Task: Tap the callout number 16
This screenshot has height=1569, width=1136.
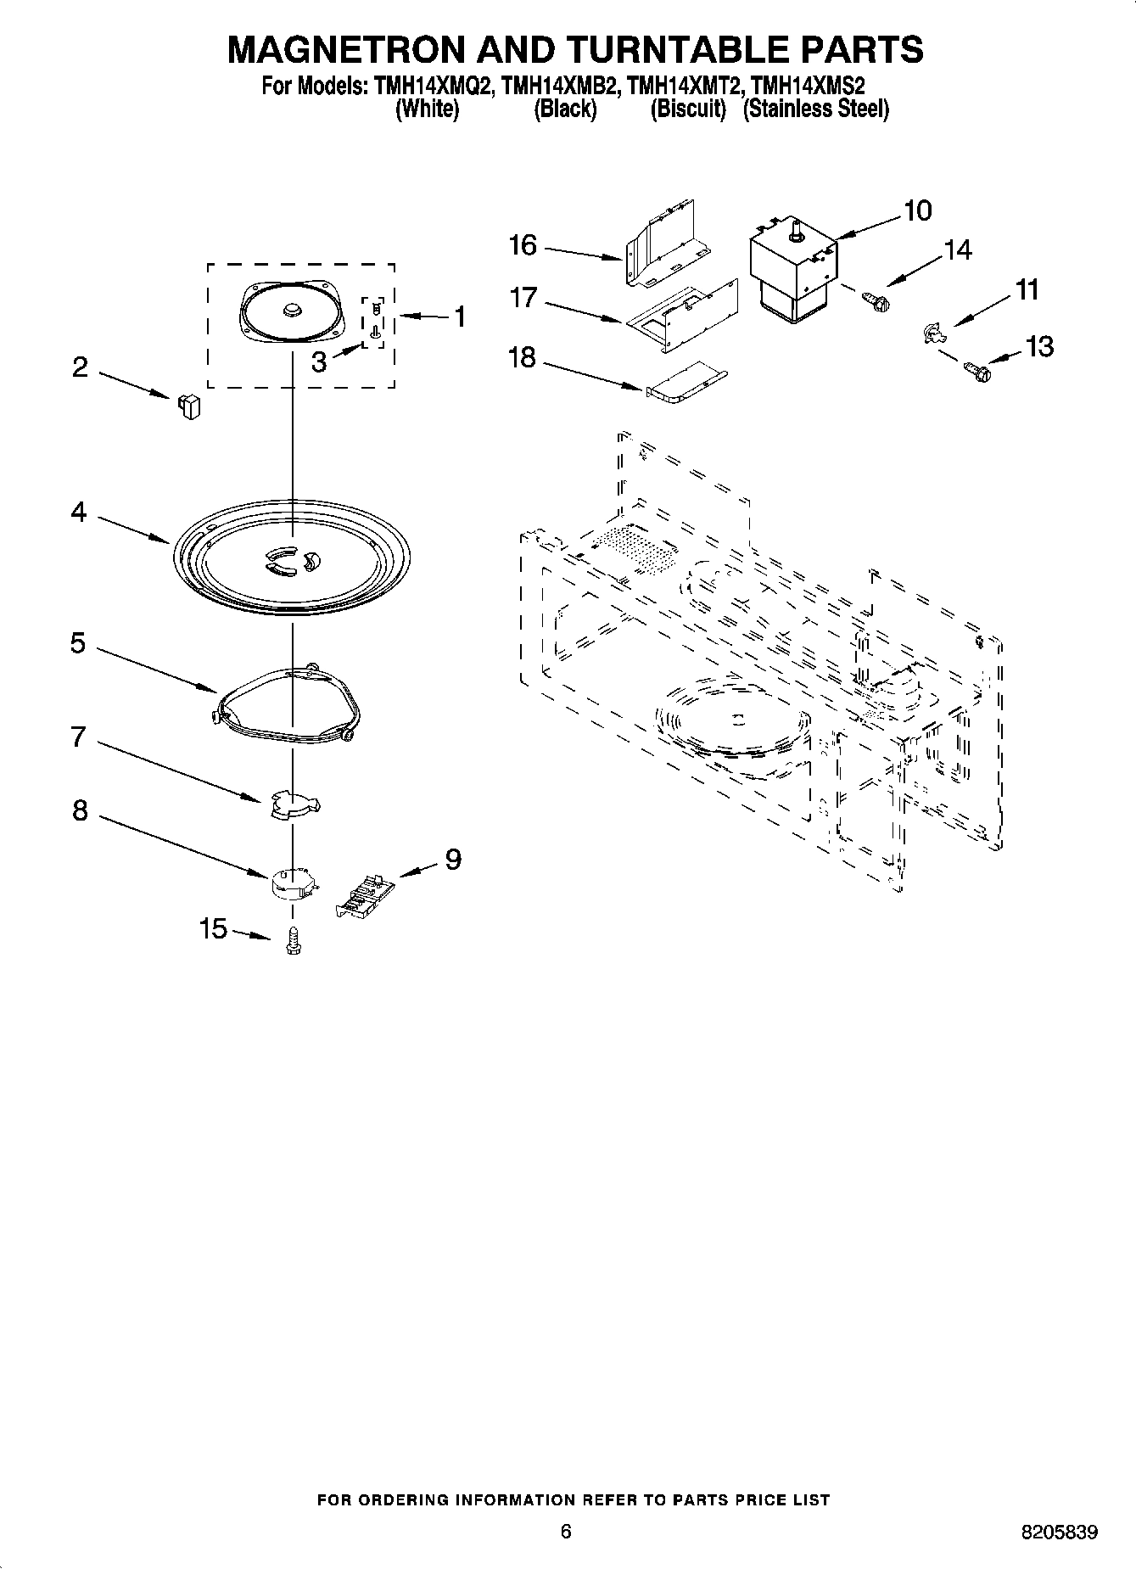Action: [523, 246]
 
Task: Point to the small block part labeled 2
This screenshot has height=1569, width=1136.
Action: [188, 406]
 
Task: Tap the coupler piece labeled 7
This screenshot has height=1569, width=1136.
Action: [293, 804]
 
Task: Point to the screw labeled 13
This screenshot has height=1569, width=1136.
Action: [977, 370]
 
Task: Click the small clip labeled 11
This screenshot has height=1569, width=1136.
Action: [932, 333]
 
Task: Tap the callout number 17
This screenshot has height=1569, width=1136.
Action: [523, 298]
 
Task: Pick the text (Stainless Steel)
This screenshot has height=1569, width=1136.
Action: [815, 109]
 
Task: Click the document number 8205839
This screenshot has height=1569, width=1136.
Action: [1058, 1533]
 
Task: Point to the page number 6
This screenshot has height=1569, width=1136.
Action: [566, 1531]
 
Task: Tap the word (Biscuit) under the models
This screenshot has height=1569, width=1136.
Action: [688, 109]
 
